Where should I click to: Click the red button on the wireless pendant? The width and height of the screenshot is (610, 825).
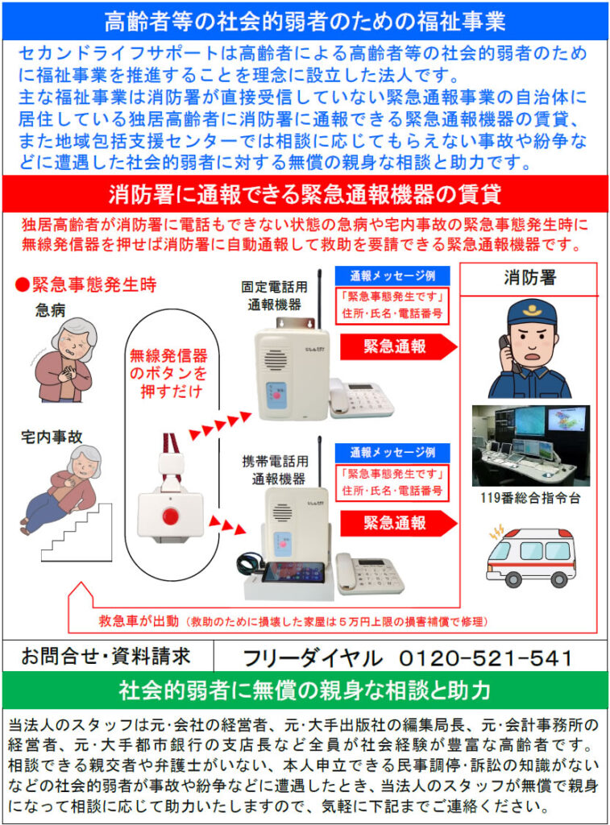pos(169,516)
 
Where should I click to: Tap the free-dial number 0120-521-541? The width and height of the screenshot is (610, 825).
pos(486,657)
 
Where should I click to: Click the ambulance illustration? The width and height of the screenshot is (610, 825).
pos(530,558)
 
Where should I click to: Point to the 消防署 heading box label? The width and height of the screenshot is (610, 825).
pos(529,277)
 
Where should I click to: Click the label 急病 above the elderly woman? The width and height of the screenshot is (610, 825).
pos(51,310)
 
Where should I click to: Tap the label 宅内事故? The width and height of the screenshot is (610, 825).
pos(52,437)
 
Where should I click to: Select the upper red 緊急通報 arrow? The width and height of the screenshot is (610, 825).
pos(398,346)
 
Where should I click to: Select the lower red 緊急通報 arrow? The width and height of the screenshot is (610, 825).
pos(398,523)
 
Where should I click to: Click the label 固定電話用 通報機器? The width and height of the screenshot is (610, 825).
pos(274,296)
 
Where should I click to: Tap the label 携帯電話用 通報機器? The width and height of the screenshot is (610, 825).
pos(276,471)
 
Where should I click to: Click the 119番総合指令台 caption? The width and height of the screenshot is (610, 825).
pos(530,498)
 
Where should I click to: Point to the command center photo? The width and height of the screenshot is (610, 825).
pos(530,446)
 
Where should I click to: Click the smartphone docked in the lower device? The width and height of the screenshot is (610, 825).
pos(293,572)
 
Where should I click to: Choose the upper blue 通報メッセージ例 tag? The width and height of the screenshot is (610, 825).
pos(392,276)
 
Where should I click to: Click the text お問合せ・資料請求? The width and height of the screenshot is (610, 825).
pos(106,656)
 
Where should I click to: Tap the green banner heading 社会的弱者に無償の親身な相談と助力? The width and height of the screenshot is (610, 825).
pos(305,690)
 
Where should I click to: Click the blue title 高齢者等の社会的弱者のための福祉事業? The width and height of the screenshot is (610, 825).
pos(305,22)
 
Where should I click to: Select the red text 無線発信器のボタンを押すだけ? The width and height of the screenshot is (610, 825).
pos(168,373)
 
